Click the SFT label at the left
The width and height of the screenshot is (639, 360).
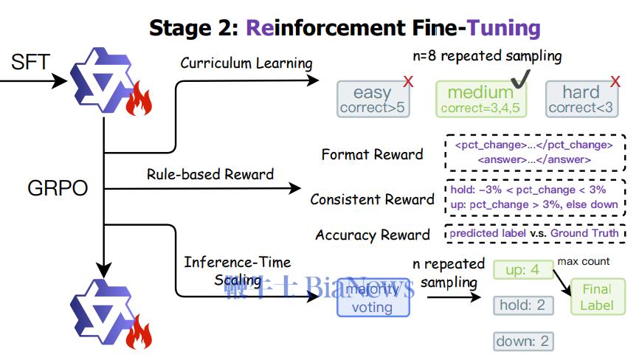[30, 62]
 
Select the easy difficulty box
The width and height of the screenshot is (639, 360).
[373, 100]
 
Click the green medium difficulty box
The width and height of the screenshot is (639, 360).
[480, 100]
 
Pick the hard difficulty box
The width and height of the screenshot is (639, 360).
[581, 100]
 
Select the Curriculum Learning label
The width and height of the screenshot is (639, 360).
[246, 63]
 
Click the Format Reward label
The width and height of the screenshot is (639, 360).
[372, 155]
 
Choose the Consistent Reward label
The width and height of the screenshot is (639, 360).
[372, 199]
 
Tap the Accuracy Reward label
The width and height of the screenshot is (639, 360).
[372, 235]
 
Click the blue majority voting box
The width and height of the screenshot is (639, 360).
[372, 300]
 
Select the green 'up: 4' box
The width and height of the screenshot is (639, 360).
[523, 270]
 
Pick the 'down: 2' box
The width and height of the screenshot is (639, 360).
[523, 341]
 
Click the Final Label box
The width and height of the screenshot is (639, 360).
[597, 297]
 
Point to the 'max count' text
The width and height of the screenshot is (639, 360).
[584, 261]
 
